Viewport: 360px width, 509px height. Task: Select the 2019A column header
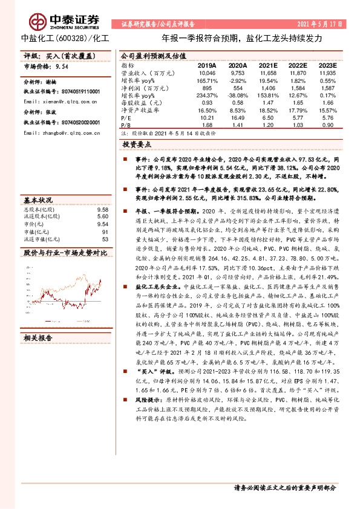pyautogui.click(x=207, y=64)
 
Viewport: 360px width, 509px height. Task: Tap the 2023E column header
pyautogui.click(x=327, y=64)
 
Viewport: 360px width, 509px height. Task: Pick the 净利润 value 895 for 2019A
pyautogui.click(x=207, y=88)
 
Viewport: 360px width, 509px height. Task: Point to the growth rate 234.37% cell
pyautogui.click(x=207, y=96)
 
